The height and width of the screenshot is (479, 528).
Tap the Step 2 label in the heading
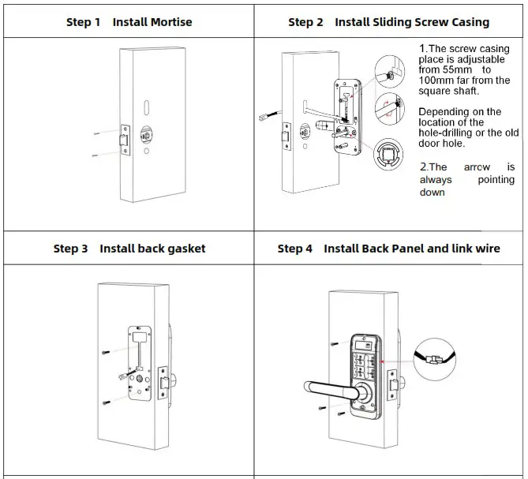click(x=305, y=22)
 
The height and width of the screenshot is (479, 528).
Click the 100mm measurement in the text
click(x=438, y=80)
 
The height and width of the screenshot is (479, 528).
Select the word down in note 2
click(x=433, y=193)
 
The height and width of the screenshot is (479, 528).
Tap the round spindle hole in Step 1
click(x=147, y=134)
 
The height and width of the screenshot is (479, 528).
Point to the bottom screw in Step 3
click(x=107, y=402)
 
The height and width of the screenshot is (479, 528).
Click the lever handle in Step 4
click(x=332, y=387)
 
